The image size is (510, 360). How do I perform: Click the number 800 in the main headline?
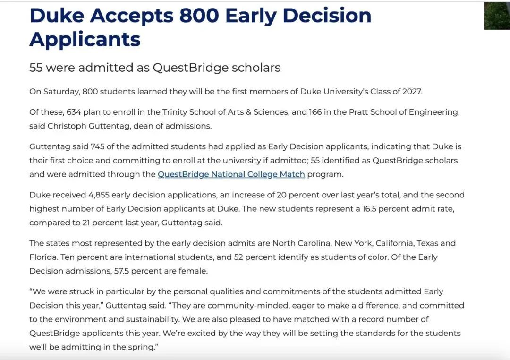point(199,16)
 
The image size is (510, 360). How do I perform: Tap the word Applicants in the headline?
point(85,39)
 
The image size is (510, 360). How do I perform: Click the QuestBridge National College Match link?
point(231,174)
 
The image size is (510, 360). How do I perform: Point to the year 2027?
point(410,91)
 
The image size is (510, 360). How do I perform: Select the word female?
point(193,271)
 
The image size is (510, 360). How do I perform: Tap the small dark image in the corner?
point(497,16)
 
